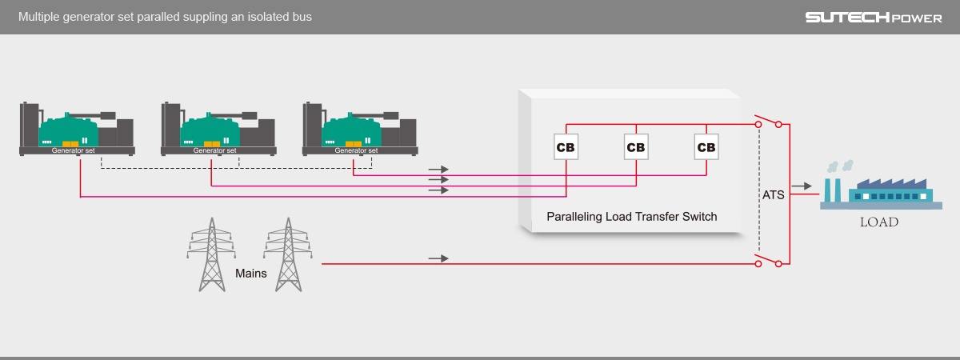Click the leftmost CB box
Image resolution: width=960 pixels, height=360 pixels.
click(566, 147)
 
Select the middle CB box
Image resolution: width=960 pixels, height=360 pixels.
click(636, 147)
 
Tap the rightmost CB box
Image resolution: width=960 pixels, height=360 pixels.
click(706, 147)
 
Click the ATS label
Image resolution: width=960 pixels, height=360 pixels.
click(774, 194)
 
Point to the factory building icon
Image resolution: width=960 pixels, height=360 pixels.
click(876, 188)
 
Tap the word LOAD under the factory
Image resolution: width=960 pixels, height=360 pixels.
click(878, 222)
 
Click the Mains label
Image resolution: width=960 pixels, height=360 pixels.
click(250, 273)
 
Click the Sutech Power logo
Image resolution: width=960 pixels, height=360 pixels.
click(873, 18)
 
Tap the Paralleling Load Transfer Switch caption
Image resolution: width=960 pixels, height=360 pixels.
click(631, 216)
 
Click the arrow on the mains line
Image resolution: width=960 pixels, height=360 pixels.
click(438, 258)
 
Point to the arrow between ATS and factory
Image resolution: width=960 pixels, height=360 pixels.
click(800, 186)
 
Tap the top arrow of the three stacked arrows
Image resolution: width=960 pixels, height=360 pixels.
click(438, 170)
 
